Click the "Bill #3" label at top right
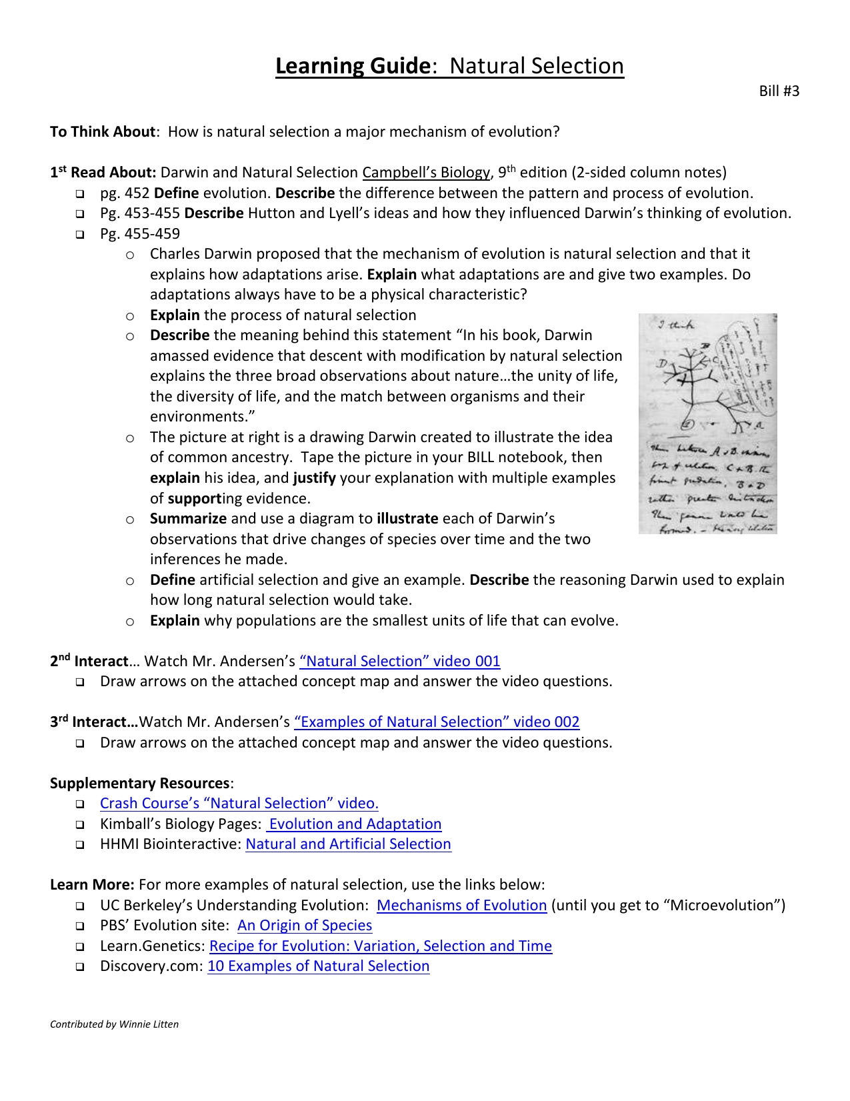coord(779,91)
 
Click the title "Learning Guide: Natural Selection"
coord(449,66)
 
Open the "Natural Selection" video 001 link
coord(399,662)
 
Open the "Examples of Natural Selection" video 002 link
coord(436,722)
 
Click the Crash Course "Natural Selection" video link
coord(239,804)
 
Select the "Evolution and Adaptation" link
coord(355,824)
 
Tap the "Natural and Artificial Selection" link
coord(348,844)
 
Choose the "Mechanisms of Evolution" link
coord(461,906)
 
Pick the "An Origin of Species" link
coord(305,926)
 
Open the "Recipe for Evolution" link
coord(380,946)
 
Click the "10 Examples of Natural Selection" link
coord(318,966)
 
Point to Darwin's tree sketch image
coord(707,423)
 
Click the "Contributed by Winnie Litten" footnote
coord(114,1024)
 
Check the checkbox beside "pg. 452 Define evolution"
coord(80,194)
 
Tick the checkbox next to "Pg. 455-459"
coord(80,235)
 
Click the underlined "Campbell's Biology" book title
coord(425,173)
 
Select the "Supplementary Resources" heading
coord(139,784)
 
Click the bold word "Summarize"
coord(188,519)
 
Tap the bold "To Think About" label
coord(102,132)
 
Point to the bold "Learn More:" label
coord(92,885)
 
